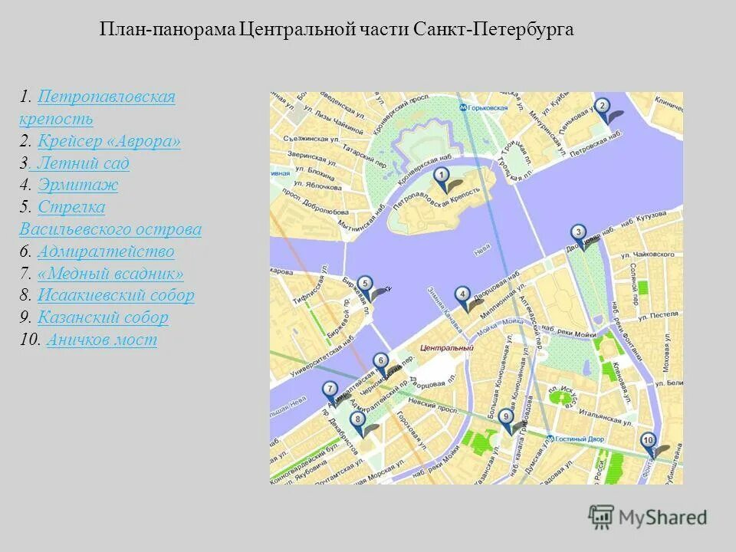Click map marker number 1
441,178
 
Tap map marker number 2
603,107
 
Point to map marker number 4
462,294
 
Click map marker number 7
329,390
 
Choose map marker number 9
505,418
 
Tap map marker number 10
648,441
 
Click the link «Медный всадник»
110,274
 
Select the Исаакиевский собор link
116,296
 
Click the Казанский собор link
103,317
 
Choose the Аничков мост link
101,340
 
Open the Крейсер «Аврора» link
109,142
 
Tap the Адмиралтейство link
106,251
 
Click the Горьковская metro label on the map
488,108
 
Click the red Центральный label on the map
446,348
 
